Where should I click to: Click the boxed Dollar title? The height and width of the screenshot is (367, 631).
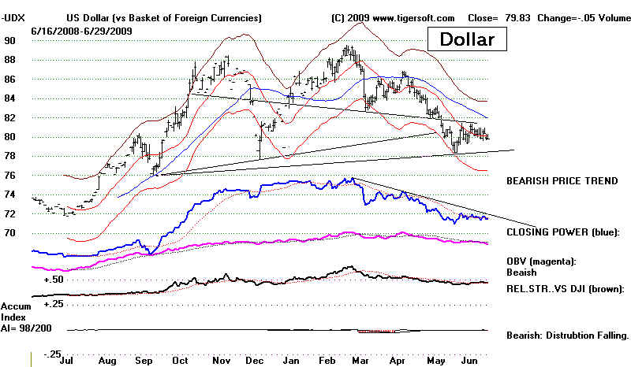(x=467, y=39)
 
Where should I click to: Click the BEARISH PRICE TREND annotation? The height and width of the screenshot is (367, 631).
(x=562, y=180)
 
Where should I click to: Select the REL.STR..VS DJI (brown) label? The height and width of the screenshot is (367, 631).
(x=568, y=288)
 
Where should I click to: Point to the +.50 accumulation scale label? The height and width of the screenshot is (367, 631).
(x=54, y=280)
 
